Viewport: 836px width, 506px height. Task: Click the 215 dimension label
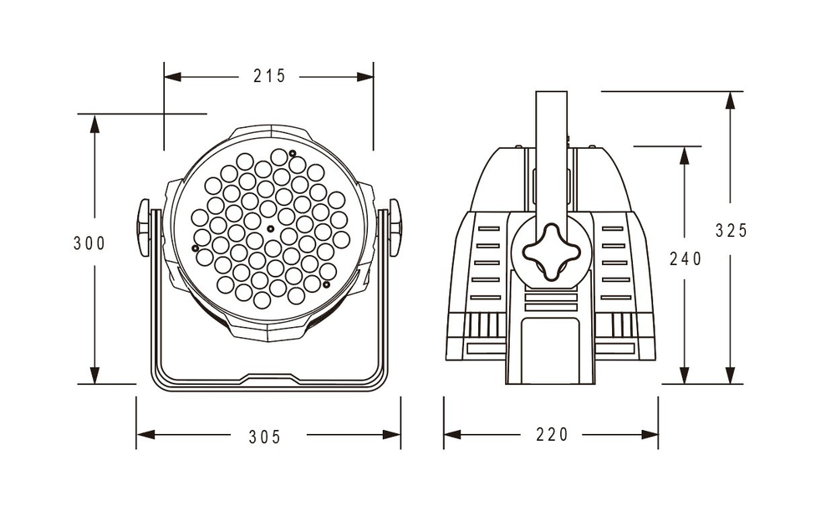coord(269,76)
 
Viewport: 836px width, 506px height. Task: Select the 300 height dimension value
coord(89,243)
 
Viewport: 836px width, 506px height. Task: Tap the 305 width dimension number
coord(265,436)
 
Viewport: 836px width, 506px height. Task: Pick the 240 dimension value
coord(686,258)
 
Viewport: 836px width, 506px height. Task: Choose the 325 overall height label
coord(731,230)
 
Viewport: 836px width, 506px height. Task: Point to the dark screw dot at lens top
coord(293,152)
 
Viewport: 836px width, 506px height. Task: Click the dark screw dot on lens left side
coord(195,248)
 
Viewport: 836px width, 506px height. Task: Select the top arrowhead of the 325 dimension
coord(731,100)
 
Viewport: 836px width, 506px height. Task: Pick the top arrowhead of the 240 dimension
coord(685,155)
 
